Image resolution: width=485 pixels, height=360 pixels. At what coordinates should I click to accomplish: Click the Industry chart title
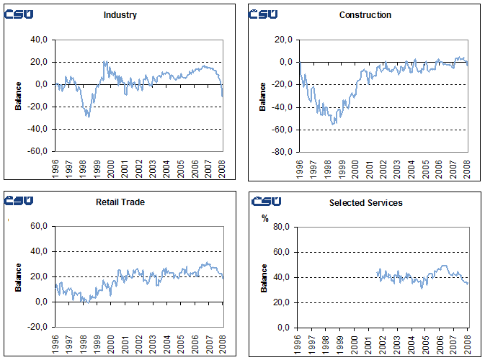121,14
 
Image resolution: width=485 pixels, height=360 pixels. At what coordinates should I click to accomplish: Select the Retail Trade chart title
120,202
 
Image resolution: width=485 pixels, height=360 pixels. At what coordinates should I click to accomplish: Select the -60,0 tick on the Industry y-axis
37,152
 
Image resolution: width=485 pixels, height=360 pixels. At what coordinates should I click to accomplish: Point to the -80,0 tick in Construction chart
283,152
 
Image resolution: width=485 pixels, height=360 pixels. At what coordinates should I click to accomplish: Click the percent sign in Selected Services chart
264,219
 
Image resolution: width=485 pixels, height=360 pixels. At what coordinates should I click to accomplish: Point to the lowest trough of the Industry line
88,117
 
